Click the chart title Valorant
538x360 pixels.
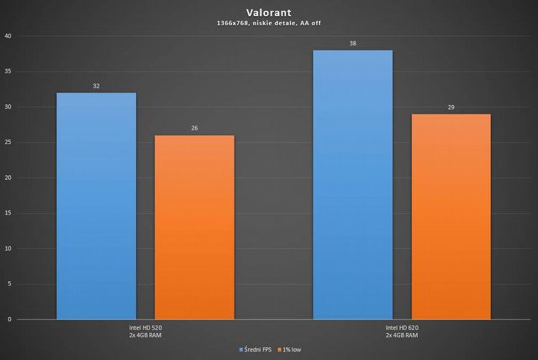click(x=269, y=13)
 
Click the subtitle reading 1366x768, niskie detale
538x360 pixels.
click(x=269, y=25)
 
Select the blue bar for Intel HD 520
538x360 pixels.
click(x=96, y=206)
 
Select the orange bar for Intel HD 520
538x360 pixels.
click(x=195, y=227)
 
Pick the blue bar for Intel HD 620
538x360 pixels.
click(x=352, y=185)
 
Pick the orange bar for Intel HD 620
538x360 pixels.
click(x=451, y=216)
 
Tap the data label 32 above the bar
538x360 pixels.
click(x=96, y=86)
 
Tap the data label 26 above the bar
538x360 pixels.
click(x=195, y=128)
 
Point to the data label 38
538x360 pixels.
click(x=352, y=43)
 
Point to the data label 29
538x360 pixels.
click(x=451, y=107)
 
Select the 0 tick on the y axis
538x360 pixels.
click(x=9, y=320)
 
